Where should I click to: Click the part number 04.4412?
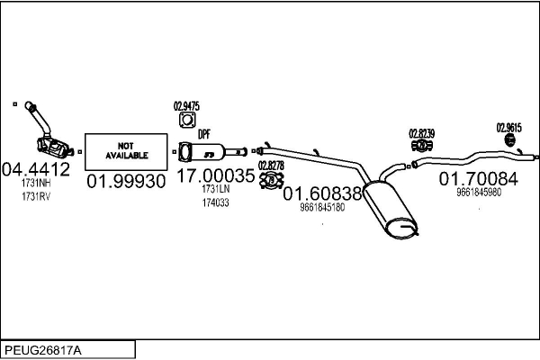(36, 169)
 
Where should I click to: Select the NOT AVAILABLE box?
(126, 151)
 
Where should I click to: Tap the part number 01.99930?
(126, 181)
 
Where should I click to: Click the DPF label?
(204, 134)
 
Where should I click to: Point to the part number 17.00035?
(216, 175)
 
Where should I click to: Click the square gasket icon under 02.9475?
(187, 121)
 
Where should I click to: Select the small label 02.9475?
(186, 106)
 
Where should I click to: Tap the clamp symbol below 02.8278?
(272, 180)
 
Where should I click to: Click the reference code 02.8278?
(272, 166)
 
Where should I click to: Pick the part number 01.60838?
(322, 193)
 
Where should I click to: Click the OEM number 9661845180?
(322, 207)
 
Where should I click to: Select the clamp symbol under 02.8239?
(421, 146)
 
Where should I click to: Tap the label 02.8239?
(422, 134)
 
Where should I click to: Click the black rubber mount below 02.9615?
(509, 139)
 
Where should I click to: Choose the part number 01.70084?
(479, 179)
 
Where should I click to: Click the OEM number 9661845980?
(479, 193)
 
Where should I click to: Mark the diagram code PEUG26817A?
(43, 351)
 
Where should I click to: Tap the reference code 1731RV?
(36, 197)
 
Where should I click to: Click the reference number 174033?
(216, 202)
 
